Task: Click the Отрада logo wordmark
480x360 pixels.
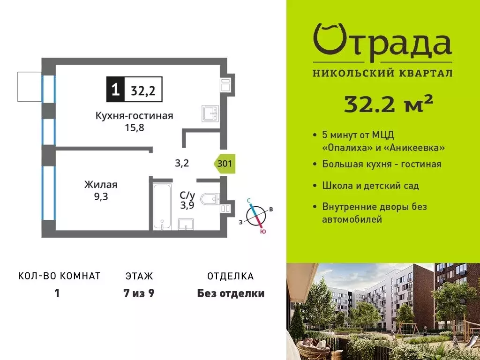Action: pyautogui.click(x=382, y=43)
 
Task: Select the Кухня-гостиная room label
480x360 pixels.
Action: pyautogui.click(x=134, y=116)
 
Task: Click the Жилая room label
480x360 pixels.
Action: pyautogui.click(x=101, y=185)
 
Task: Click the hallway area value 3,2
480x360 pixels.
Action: pyautogui.click(x=182, y=164)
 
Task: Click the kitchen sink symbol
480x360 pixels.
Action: pyautogui.click(x=210, y=113)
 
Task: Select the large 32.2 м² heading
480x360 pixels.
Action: pyautogui.click(x=388, y=104)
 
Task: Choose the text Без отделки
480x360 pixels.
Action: pyautogui.click(x=231, y=294)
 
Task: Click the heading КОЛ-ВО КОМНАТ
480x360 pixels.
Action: pyautogui.click(x=59, y=276)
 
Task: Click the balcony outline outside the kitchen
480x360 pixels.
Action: pyautogui.click(x=30, y=87)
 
